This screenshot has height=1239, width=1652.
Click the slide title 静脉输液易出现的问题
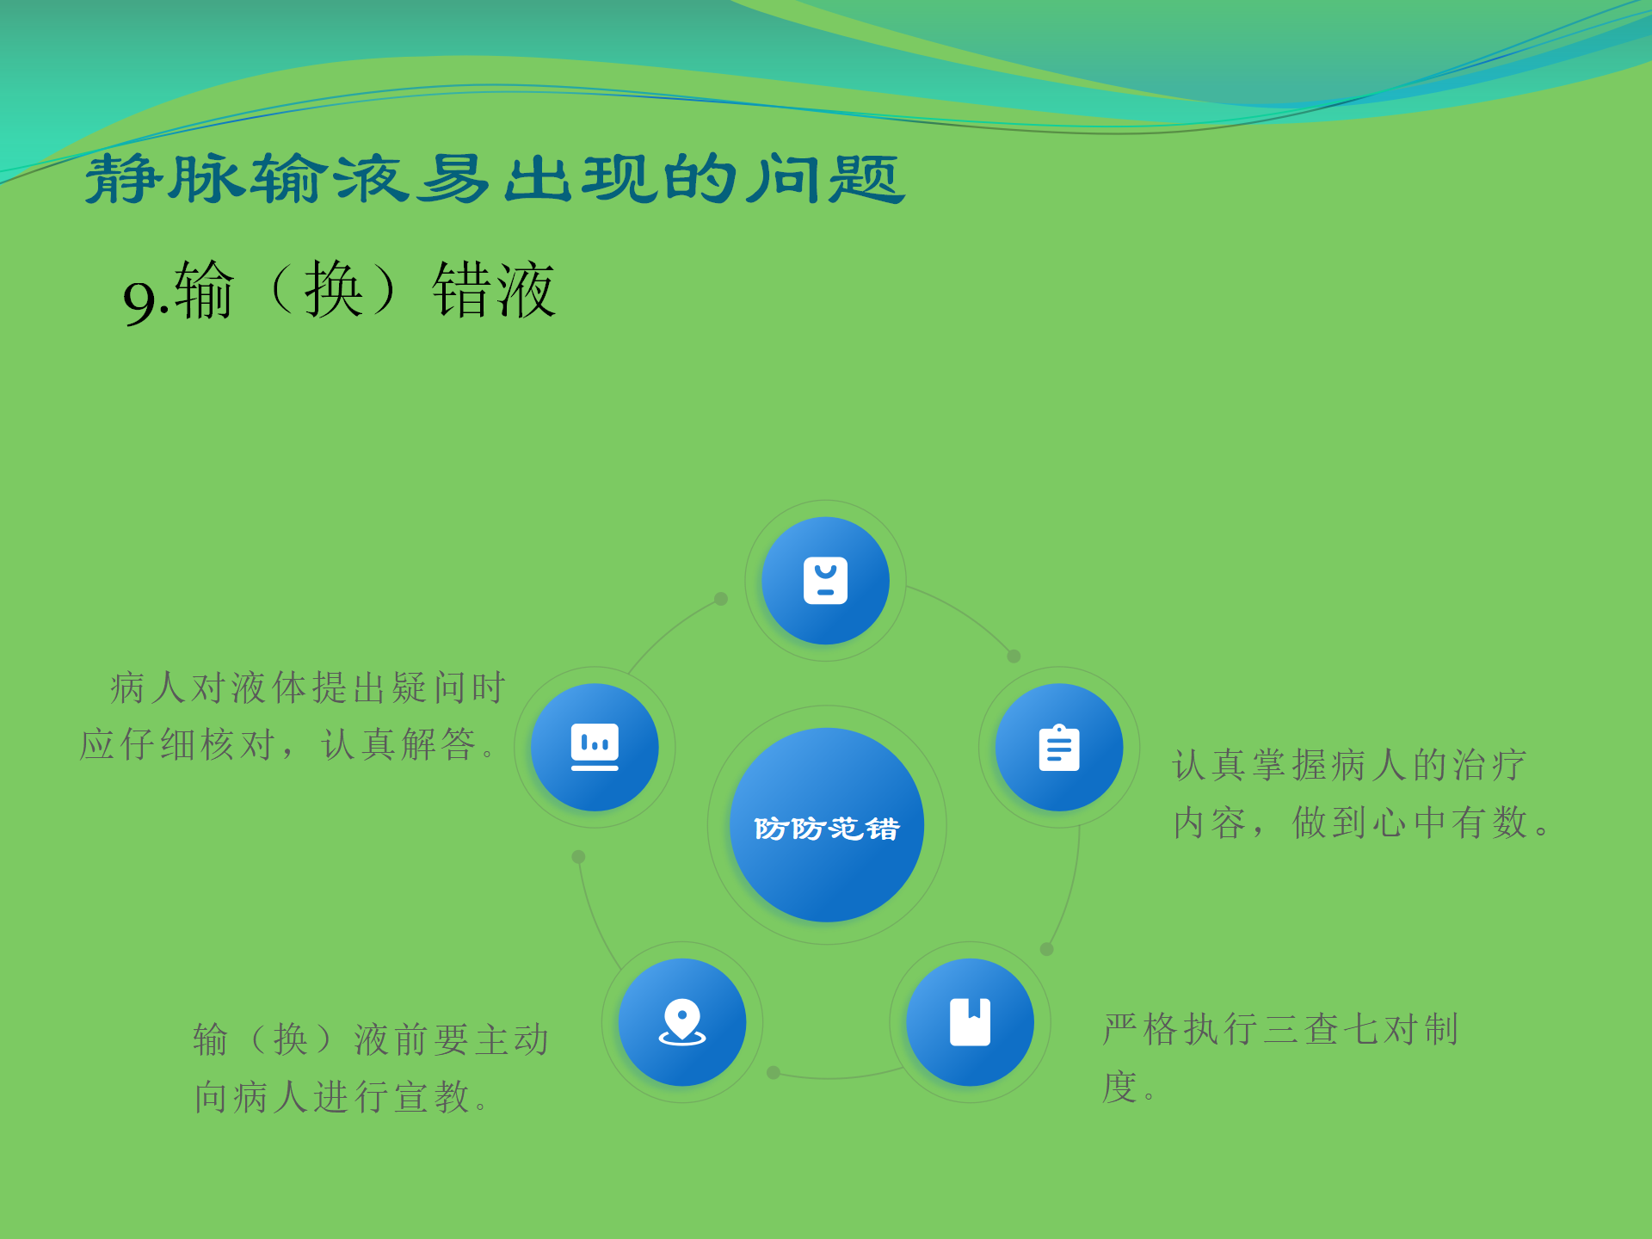click(495, 179)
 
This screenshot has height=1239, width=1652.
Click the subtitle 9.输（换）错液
click(339, 292)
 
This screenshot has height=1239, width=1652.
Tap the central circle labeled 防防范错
click(826, 825)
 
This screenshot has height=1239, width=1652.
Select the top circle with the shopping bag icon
click(825, 581)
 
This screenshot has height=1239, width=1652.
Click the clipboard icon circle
click(1059, 748)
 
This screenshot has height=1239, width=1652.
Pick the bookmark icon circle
click(970, 1022)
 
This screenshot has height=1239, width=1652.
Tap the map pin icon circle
click(682, 1022)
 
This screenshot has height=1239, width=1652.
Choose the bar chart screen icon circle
click(595, 748)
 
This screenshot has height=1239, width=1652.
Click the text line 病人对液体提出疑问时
click(307, 688)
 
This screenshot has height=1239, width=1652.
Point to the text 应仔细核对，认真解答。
click(288, 745)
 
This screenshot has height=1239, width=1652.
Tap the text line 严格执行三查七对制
click(1280, 1030)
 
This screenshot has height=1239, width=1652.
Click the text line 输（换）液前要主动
click(371, 1040)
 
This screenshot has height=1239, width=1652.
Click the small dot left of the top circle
click(721, 599)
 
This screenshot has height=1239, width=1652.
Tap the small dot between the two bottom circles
click(774, 1073)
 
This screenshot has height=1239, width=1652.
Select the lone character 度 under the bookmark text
click(1120, 1088)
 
